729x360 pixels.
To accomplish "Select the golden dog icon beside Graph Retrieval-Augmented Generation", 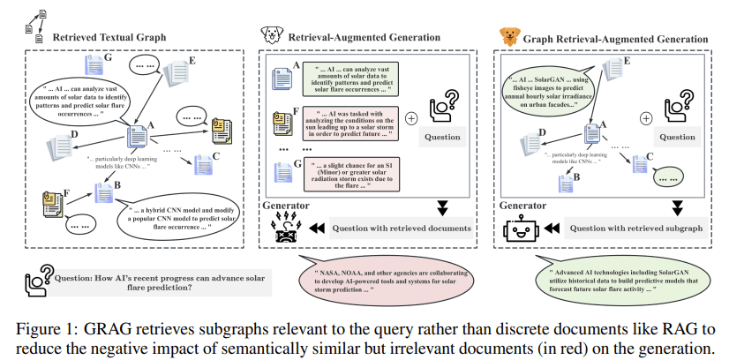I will click(509, 37).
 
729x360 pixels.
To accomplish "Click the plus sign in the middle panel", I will click(411, 117).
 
